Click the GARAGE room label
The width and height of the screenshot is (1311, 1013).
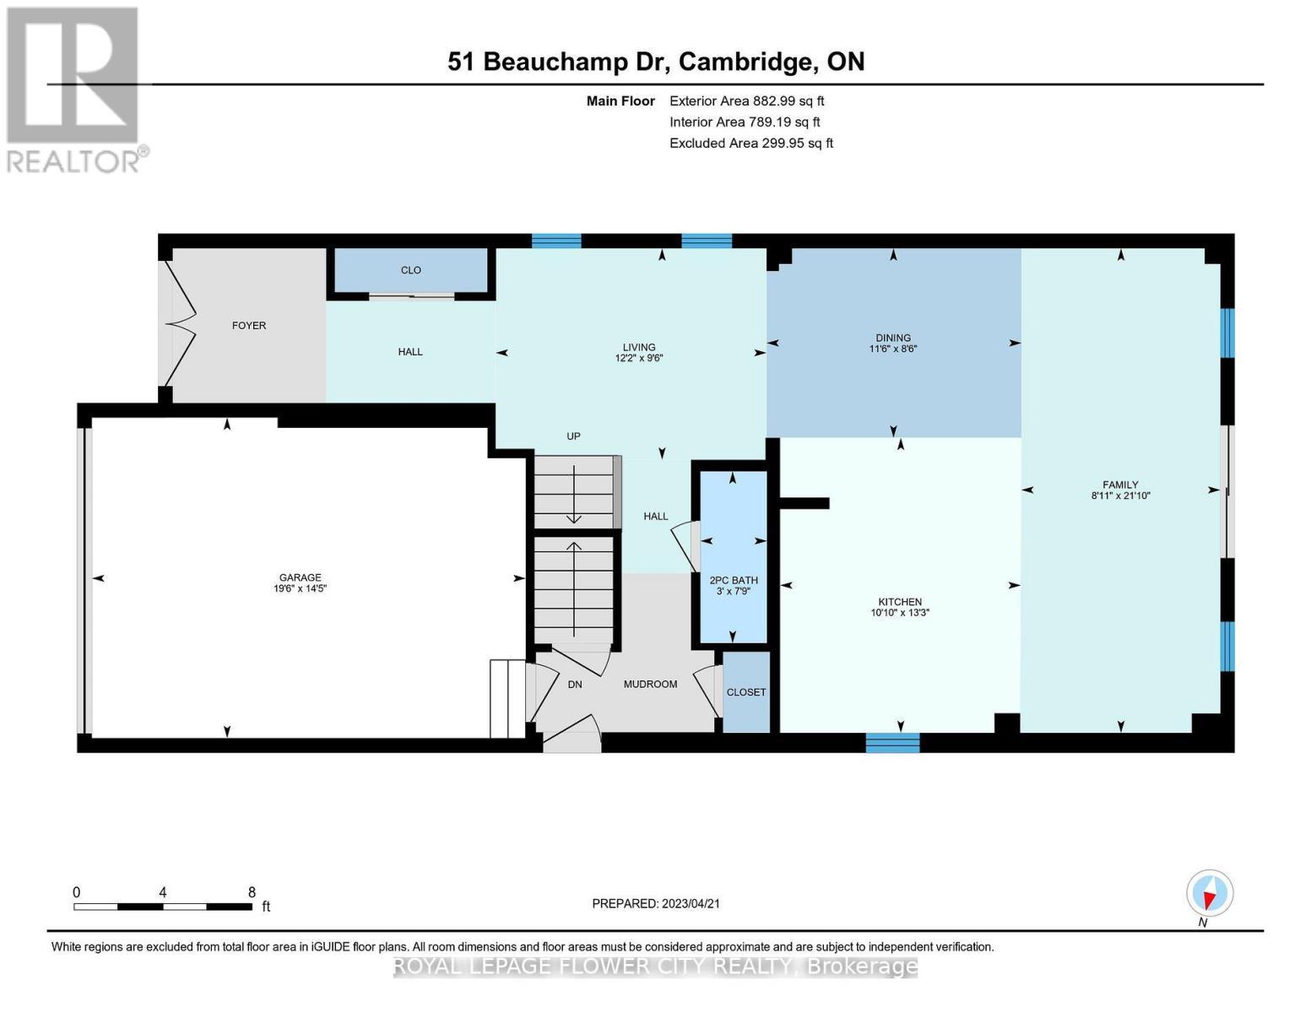pyautogui.click(x=301, y=577)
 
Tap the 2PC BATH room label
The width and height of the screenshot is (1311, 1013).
pyautogui.click(x=733, y=580)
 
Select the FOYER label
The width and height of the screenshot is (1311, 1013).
pyautogui.click(x=249, y=325)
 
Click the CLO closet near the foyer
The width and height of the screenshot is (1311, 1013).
pyautogui.click(x=411, y=270)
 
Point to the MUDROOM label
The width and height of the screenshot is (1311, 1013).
pyautogui.click(x=650, y=684)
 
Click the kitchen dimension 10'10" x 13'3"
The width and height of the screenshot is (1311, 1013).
pyautogui.click(x=900, y=613)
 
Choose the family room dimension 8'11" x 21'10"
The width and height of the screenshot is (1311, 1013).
pyautogui.click(x=1120, y=496)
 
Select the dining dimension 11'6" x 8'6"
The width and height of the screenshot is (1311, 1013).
pyautogui.click(x=892, y=349)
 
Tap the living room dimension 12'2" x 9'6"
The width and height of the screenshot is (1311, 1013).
pyautogui.click(x=639, y=358)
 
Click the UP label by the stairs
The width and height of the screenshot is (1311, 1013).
pyautogui.click(x=573, y=436)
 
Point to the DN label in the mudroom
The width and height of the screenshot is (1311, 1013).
pyautogui.click(x=575, y=685)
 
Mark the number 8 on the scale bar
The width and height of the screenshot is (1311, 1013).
pyautogui.click(x=252, y=891)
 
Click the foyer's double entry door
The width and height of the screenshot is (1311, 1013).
pyautogui.click(x=181, y=324)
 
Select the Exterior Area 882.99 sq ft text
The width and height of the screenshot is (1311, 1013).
pyautogui.click(x=746, y=100)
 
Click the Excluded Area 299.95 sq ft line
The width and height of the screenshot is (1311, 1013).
pyautogui.click(x=750, y=143)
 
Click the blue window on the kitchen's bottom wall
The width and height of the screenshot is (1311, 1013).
pyautogui.click(x=892, y=742)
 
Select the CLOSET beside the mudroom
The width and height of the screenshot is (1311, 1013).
pyautogui.click(x=746, y=692)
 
